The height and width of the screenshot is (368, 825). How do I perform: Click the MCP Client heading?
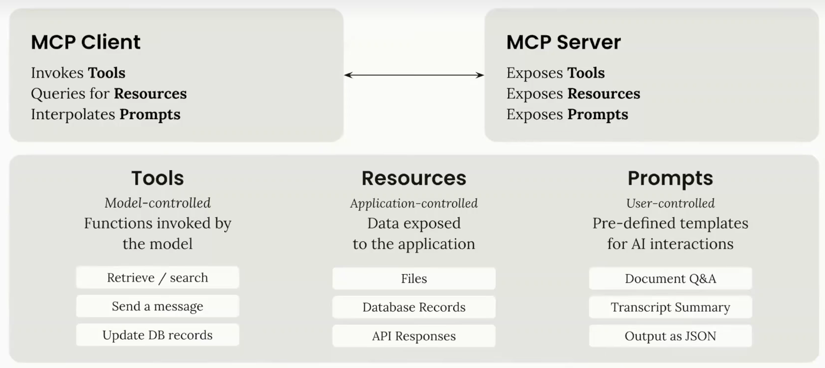tap(86, 42)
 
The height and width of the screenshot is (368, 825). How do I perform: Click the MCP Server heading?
tap(564, 42)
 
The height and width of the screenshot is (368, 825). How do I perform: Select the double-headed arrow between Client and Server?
tap(414, 75)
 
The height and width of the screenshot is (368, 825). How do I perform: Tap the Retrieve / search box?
tap(157, 277)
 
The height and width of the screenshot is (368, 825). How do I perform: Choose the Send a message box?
tap(157, 306)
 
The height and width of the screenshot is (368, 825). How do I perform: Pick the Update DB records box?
tap(157, 335)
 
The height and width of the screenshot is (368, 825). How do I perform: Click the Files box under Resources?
tap(414, 278)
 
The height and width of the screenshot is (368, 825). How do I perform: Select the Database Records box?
tap(414, 307)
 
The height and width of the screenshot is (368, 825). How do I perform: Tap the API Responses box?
tap(414, 336)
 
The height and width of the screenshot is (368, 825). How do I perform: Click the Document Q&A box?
tap(670, 278)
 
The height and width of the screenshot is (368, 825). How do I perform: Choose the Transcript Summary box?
tap(670, 307)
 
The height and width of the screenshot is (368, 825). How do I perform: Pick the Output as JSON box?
tap(670, 336)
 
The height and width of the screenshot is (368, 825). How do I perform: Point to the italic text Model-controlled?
tap(157, 203)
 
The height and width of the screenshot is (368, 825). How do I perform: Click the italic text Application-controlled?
tap(414, 203)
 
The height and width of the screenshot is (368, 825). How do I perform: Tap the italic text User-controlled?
tap(670, 203)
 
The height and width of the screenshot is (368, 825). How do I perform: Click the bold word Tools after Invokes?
tap(107, 73)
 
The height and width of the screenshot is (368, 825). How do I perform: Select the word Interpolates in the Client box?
tap(73, 114)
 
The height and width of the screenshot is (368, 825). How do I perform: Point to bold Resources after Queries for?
tap(150, 93)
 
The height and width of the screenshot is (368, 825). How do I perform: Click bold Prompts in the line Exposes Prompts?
tap(598, 114)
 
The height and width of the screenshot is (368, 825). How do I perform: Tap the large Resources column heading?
tap(414, 178)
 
